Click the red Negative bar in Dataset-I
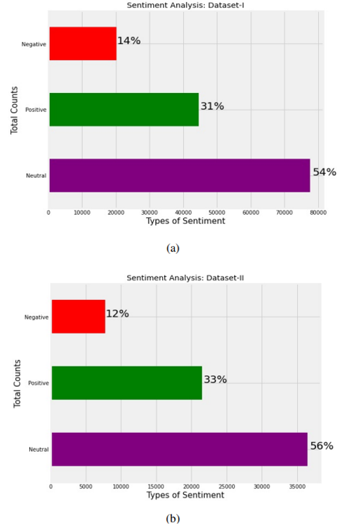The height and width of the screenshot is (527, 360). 82,44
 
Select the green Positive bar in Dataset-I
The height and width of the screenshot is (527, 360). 124,109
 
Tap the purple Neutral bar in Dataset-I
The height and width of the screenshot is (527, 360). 179,175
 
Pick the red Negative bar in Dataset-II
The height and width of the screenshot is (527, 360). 79,317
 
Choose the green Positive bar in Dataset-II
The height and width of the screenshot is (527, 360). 127,383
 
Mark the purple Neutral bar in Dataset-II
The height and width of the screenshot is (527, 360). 179,449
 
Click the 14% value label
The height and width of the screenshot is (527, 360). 129,41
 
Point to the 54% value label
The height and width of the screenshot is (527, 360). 325,172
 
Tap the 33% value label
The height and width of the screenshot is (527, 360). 215,380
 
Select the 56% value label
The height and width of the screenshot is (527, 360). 321,446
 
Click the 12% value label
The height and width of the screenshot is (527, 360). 117,314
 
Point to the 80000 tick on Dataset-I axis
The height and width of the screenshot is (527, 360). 318,212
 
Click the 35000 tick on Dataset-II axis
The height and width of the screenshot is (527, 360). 297,486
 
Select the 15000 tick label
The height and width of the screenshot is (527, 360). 156,486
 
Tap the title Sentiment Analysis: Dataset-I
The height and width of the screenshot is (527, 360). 185,5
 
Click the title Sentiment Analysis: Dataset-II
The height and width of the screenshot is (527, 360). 185,278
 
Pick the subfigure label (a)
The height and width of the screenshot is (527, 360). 173,248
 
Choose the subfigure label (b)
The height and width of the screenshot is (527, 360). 173,518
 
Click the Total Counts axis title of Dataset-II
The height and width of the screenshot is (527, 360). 17,384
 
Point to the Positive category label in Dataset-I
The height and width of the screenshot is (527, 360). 36,110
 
